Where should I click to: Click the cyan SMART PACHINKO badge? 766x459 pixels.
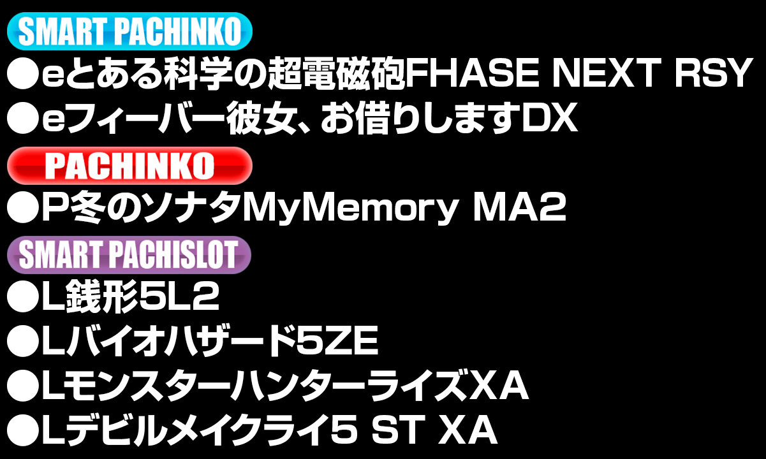(129, 31)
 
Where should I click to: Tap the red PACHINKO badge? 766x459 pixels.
(129, 166)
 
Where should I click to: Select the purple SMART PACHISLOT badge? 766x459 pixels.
(129, 255)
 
